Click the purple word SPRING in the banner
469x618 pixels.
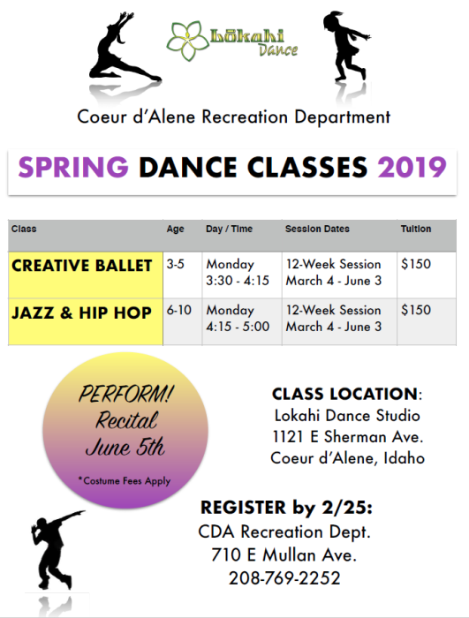(73, 167)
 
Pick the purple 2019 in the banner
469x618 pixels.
(412, 167)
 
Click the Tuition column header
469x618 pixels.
(416, 229)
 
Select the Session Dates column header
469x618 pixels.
(317, 229)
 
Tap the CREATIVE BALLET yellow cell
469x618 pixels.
(86, 275)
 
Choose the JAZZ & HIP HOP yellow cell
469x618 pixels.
(86, 321)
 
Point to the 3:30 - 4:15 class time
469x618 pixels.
(238, 281)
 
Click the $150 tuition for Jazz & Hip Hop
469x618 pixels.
(416, 310)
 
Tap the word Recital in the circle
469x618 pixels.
(126, 419)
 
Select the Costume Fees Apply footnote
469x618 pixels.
(125, 481)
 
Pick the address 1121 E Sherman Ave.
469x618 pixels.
(347, 437)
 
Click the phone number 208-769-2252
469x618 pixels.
(284, 578)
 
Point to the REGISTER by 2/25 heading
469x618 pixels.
(286, 508)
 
